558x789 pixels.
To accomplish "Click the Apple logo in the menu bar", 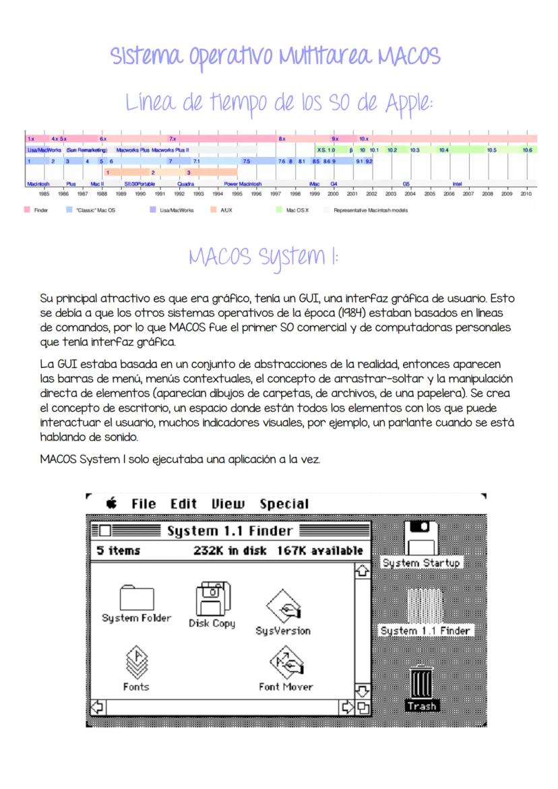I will click(112, 503).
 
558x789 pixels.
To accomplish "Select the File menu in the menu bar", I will click(144, 504).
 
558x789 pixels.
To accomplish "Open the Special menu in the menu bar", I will click(284, 504).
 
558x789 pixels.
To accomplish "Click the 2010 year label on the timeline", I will click(526, 193).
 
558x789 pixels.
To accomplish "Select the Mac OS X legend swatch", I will click(278, 210).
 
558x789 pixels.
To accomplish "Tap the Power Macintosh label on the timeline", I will click(243, 183).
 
